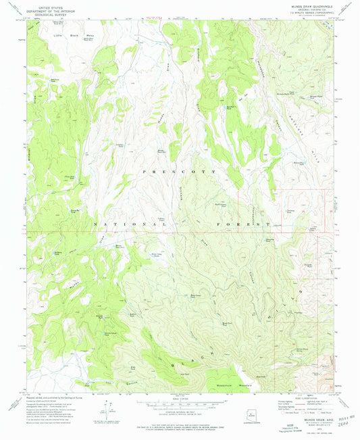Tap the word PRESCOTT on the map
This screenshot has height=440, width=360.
(x=180, y=172)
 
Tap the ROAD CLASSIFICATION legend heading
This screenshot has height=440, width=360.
(x=308, y=395)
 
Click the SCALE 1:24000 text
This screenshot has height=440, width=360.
(x=180, y=397)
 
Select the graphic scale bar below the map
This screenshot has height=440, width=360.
(x=180, y=404)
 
